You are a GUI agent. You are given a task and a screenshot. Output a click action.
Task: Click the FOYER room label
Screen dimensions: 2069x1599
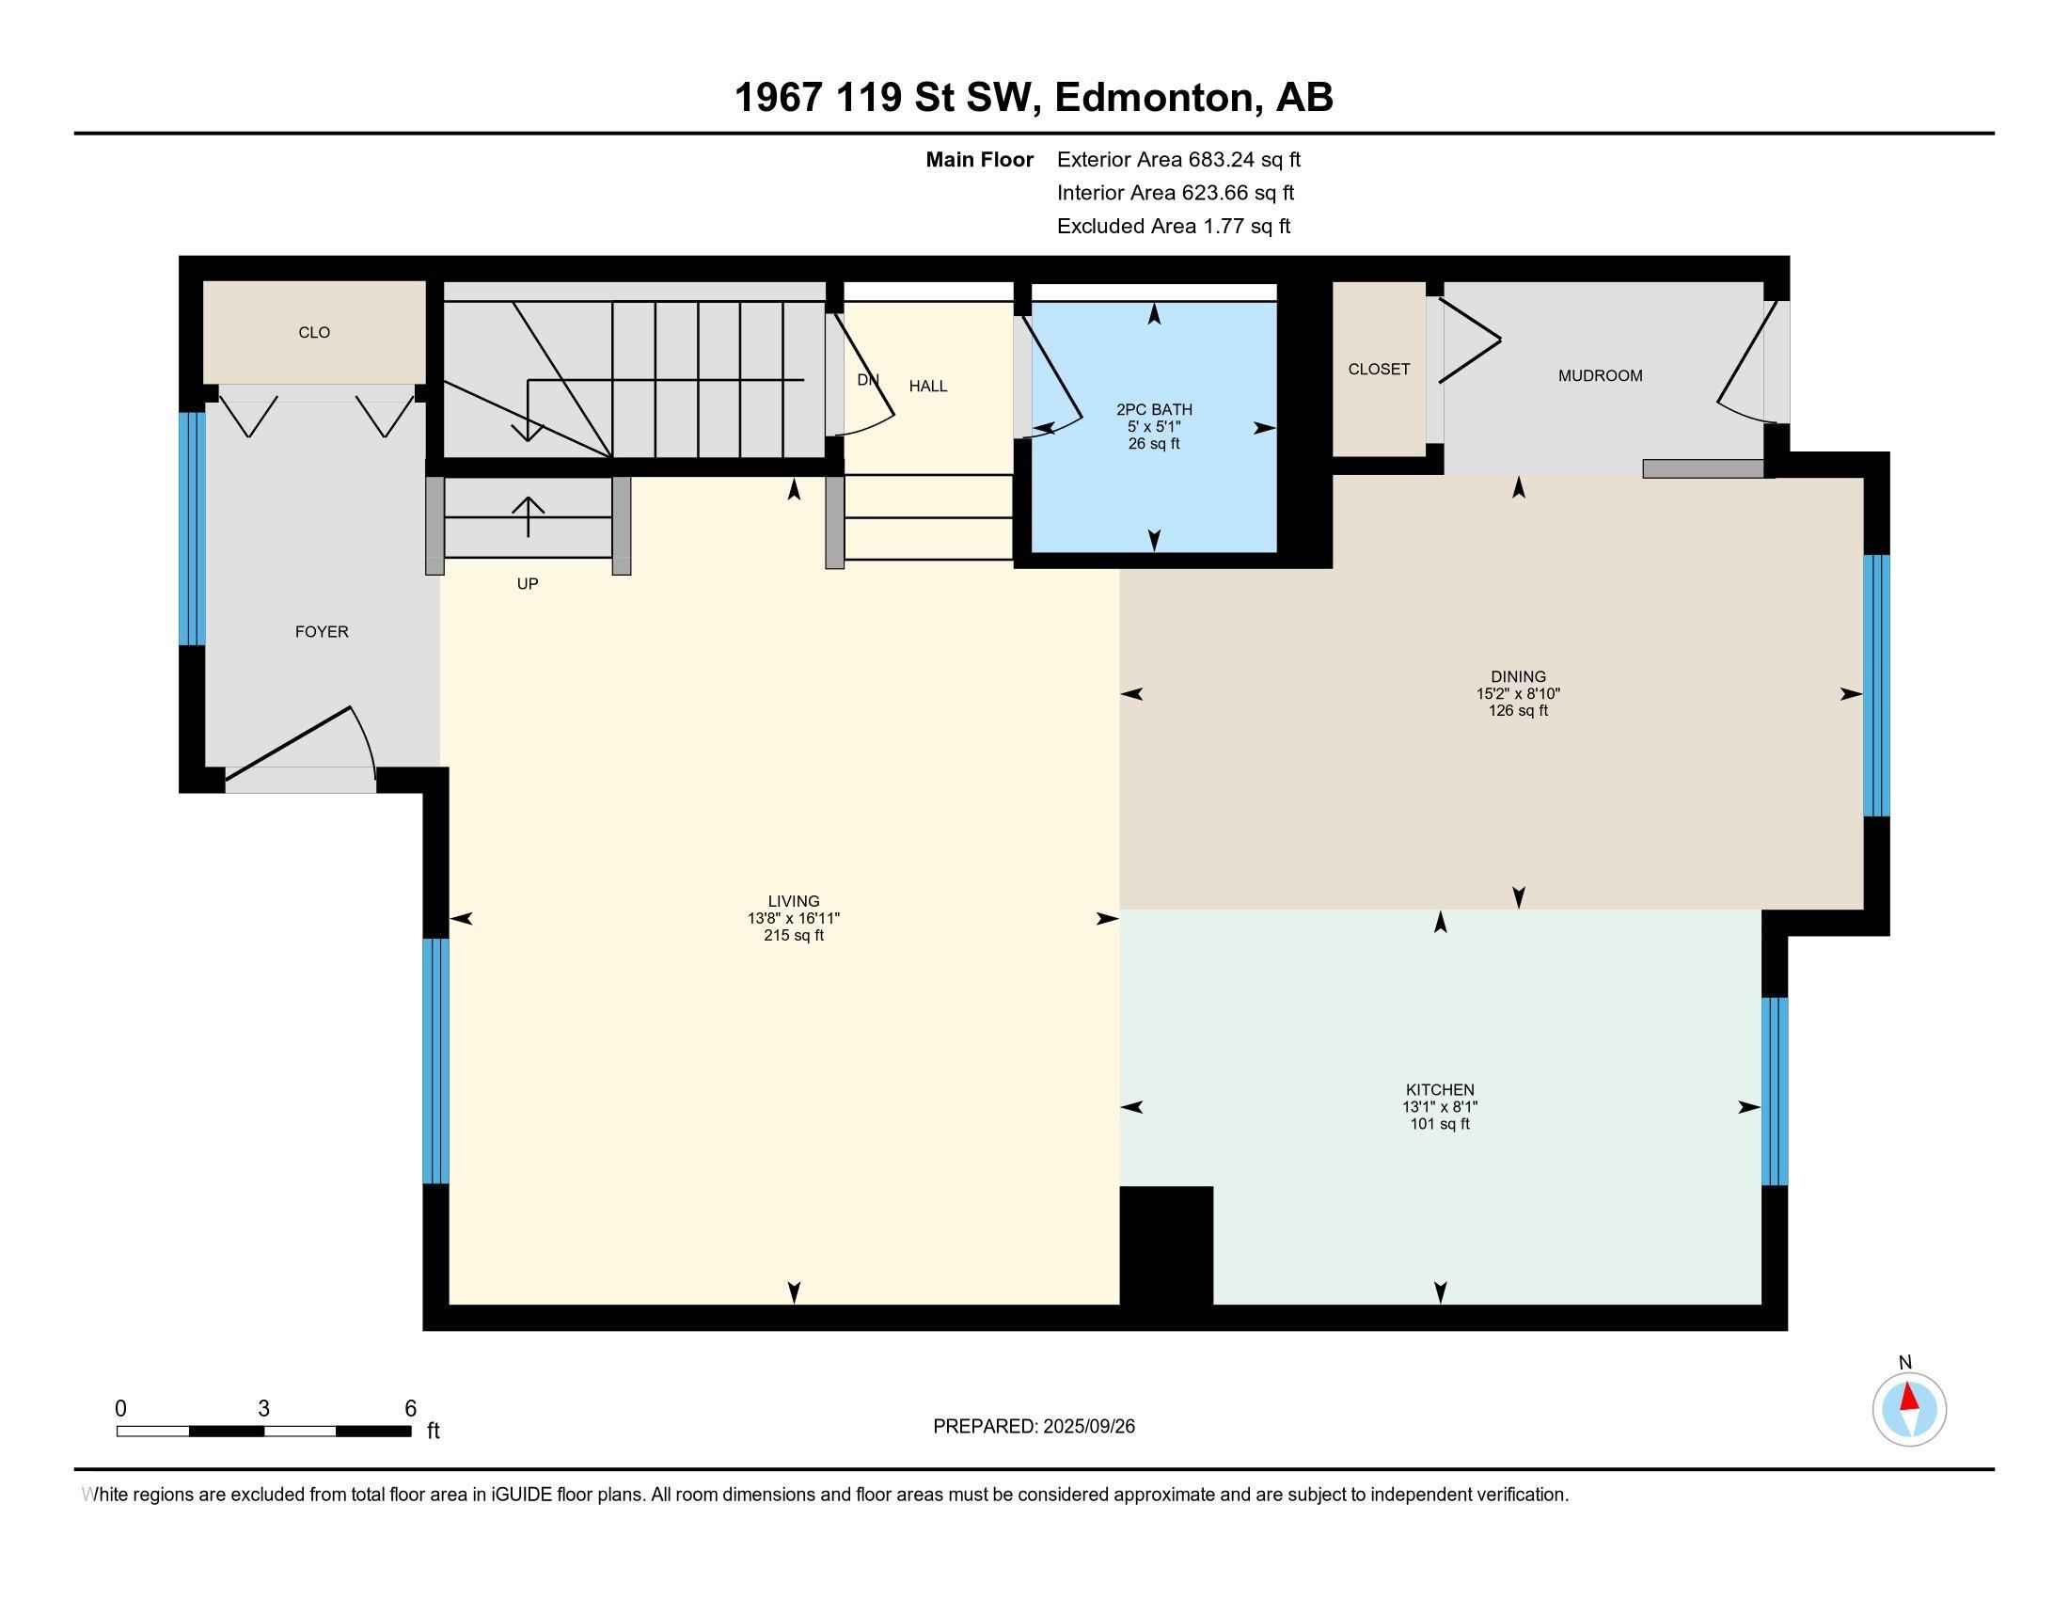tap(321, 632)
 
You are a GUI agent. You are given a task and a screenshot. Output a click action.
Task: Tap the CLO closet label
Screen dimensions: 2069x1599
tap(313, 332)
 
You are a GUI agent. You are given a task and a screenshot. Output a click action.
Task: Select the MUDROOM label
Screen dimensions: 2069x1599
tap(1600, 376)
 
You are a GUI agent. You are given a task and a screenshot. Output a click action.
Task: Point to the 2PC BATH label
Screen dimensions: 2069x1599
tap(1154, 409)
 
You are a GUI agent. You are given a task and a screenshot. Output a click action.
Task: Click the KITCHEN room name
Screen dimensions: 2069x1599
tap(1440, 1090)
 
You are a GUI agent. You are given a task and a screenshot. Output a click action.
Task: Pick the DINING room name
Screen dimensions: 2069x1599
tap(1518, 676)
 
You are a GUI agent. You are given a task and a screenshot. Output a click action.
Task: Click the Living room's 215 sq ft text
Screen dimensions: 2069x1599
tap(794, 935)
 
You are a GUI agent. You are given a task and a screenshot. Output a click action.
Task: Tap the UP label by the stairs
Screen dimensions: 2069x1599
tap(528, 583)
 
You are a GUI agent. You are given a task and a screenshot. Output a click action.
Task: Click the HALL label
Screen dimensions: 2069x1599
tap(927, 386)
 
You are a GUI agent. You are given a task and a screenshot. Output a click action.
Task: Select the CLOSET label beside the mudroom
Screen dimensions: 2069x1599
tap(1379, 370)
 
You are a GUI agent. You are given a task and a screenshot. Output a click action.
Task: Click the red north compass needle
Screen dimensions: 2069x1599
tap(1909, 1397)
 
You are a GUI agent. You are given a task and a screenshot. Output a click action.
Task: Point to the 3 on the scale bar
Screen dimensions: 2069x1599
tap(263, 1409)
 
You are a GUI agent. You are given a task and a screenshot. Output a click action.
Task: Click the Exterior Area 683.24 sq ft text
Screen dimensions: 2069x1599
tap(1178, 159)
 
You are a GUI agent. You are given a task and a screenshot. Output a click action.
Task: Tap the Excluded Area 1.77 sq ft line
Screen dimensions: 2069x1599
tap(1174, 226)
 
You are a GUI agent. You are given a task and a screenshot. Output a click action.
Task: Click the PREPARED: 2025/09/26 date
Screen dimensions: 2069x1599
tap(1034, 1427)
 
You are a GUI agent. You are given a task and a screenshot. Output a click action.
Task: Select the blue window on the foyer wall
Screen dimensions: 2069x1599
tap(192, 529)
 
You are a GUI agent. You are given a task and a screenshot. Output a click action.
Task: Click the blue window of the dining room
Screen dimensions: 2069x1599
tap(1877, 686)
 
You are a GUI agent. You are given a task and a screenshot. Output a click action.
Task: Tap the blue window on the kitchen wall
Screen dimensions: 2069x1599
tap(1775, 1091)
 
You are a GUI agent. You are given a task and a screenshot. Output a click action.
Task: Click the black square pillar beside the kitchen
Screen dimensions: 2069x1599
tap(1166, 1245)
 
